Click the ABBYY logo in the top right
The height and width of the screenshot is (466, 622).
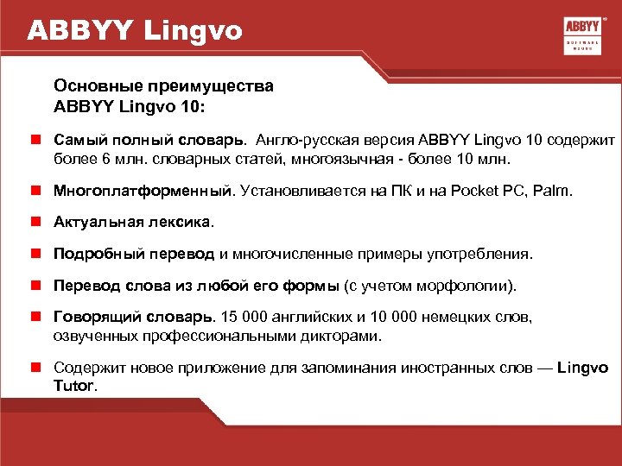click(582, 35)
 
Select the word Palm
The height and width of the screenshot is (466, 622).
click(552, 189)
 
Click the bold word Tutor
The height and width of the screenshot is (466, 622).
click(75, 387)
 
